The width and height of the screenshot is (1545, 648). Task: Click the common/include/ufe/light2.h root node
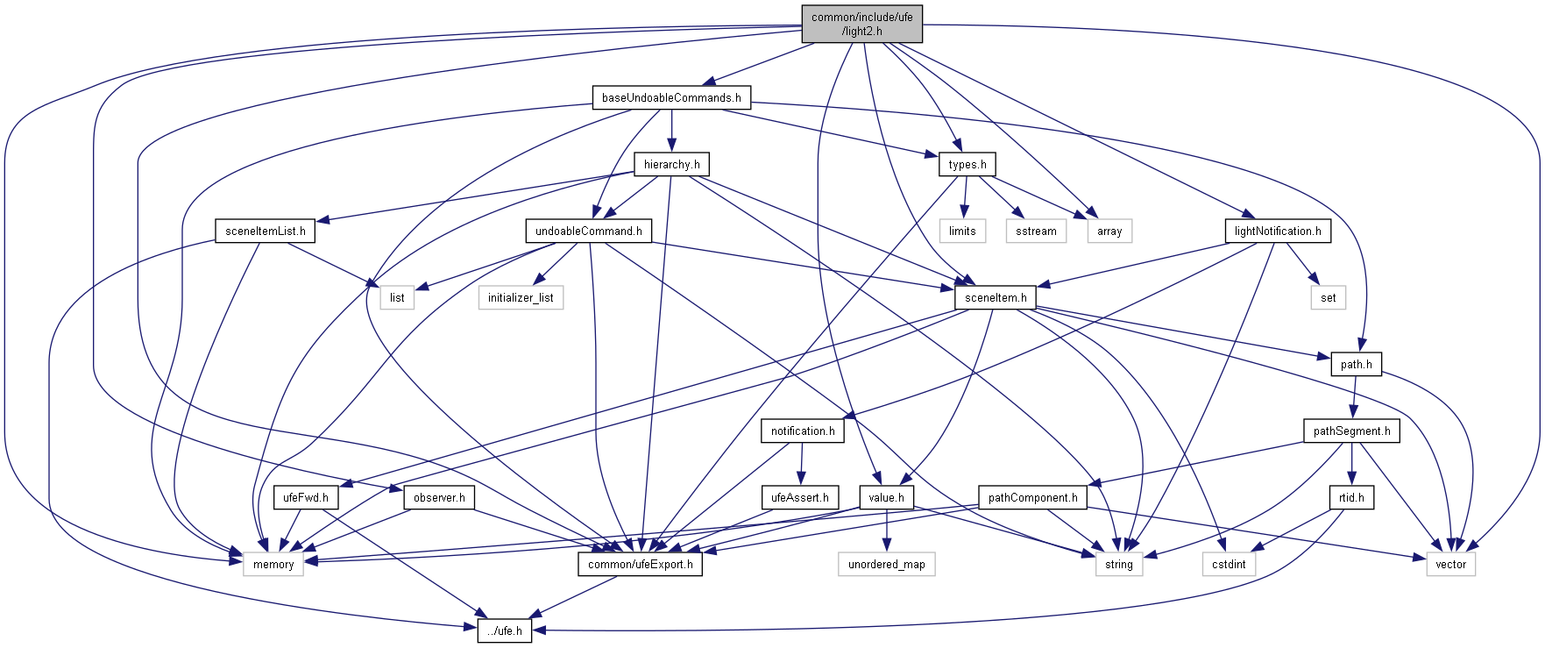(x=861, y=24)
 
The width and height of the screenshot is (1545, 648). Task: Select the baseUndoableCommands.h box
(x=671, y=97)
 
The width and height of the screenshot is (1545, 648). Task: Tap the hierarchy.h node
(x=671, y=164)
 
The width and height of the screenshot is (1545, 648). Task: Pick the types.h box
(x=967, y=164)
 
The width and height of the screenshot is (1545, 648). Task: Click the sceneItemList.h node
(x=266, y=231)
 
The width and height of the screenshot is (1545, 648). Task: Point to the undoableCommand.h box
(x=588, y=231)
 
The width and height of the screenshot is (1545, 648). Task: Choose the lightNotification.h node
(x=1278, y=231)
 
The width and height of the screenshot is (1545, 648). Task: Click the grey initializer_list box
(x=521, y=297)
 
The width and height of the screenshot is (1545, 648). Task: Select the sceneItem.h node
(x=996, y=297)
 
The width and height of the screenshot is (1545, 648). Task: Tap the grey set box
(x=1328, y=297)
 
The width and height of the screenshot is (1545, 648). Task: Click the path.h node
(x=1356, y=364)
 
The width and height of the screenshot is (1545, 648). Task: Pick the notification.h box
(x=803, y=431)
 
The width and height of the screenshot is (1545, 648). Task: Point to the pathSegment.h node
(x=1351, y=431)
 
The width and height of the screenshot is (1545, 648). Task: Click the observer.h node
(x=438, y=497)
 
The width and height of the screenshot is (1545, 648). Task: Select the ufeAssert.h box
(x=799, y=497)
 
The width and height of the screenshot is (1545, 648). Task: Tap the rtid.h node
(x=1351, y=497)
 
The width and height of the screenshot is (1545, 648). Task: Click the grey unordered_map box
(x=886, y=564)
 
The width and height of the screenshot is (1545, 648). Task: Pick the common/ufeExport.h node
(x=640, y=564)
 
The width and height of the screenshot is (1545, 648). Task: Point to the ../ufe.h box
(x=505, y=630)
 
